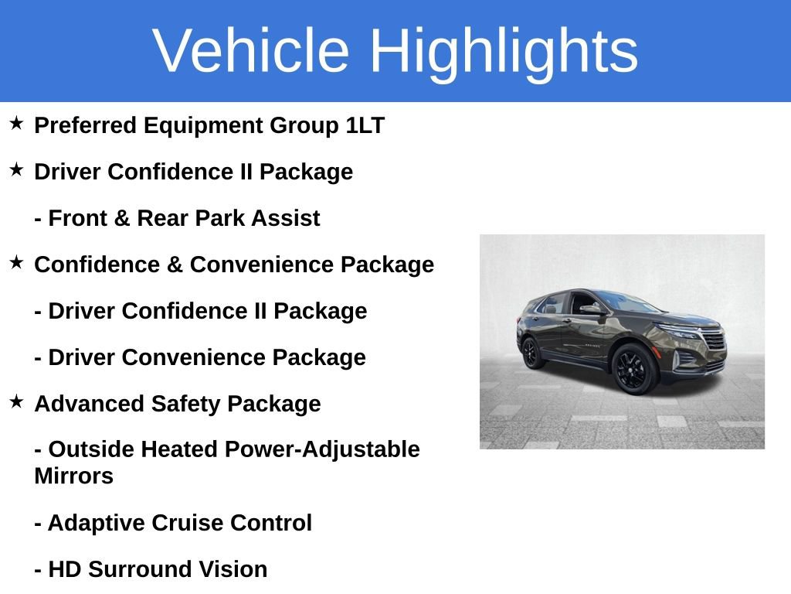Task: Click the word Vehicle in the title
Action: (x=251, y=51)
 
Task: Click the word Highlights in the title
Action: (x=504, y=51)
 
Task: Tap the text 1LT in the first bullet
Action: (x=365, y=125)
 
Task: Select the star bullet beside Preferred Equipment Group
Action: (x=16, y=124)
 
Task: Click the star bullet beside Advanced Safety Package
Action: (x=16, y=402)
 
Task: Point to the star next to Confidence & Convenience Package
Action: (x=16, y=263)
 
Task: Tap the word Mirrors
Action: (x=73, y=476)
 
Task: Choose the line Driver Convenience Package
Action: (x=200, y=357)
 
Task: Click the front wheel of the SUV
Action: (x=636, y=369)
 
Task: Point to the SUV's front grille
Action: (x=715, y=342)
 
